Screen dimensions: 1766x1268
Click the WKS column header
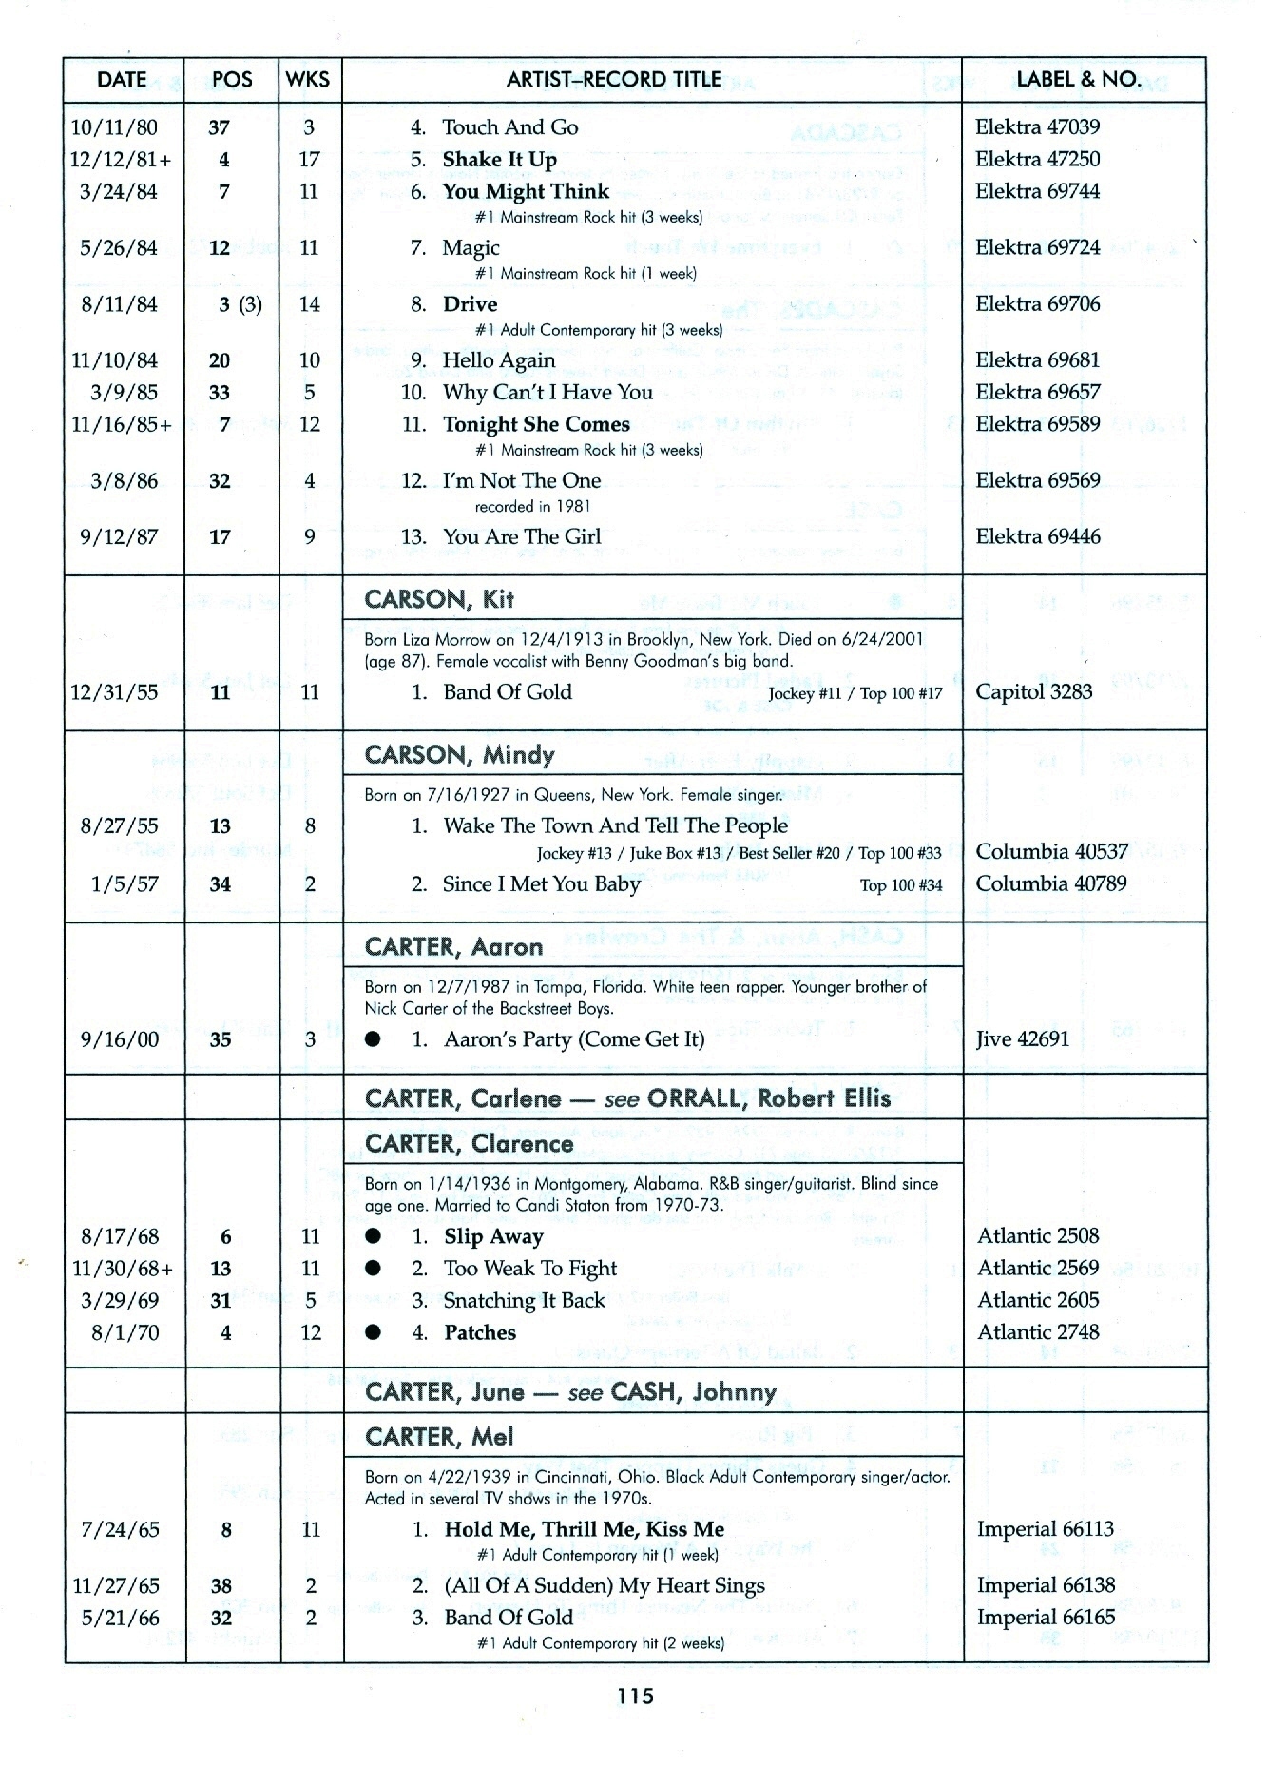point(308,80)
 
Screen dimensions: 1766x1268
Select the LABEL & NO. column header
point(1080,80)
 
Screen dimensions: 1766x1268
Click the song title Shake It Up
point(500,160)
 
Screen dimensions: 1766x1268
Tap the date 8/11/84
point(119,304)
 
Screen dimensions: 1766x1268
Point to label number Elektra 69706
point(1037,304)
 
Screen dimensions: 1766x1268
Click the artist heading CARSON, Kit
point(439,599)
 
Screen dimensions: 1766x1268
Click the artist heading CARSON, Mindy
point(459,755)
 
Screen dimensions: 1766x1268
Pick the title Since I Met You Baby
point(541,884)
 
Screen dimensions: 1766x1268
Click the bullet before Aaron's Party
point(374,1039)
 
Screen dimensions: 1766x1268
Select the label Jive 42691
point(1022,1039)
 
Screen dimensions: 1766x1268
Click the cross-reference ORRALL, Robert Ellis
point(768,1099)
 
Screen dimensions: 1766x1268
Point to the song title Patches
point(480,1333)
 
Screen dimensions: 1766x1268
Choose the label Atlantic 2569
point(1038,1269)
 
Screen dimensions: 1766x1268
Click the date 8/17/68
point(119,1237)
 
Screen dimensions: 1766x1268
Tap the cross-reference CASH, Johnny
point(694,1393)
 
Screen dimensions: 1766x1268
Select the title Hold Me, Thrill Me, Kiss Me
point(584,1530)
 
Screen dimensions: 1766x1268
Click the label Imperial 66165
point(1046,1619)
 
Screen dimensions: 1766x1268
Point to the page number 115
point(635,1696)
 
